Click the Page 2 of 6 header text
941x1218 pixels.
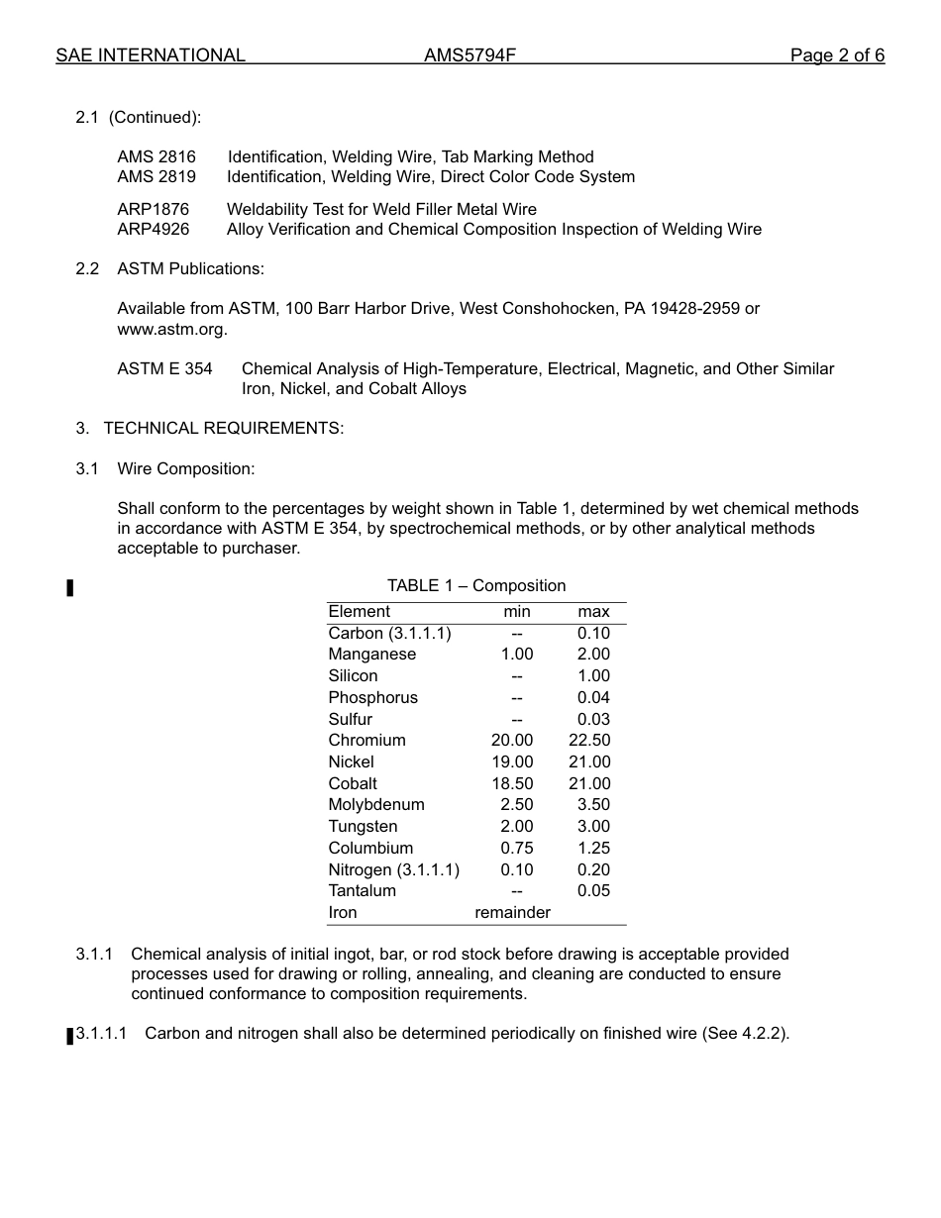coord(837,55)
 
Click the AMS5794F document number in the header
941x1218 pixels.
coord(470,55)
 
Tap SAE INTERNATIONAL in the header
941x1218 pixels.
coord(151,55)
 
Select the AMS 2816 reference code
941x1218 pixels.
coord(157,156)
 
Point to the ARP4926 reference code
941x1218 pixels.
coord(153,229)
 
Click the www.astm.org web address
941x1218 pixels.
coord(171,329)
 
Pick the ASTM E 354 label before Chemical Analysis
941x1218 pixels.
coord(164,368)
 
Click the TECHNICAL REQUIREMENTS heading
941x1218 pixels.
coord(223,428)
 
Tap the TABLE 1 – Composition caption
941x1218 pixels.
coord(476,585)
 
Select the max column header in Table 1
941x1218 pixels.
coord(593,611)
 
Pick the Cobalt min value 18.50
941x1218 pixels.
coord(512,783)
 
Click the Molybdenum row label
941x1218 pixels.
coord(376,804)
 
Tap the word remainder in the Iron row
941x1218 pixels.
coord(512,912)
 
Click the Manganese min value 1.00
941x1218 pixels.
coord(516,654)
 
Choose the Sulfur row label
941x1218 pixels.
coord(351,719)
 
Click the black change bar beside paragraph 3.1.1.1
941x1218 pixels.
coord(70,1036)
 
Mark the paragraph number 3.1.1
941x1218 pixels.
coord(94,954)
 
